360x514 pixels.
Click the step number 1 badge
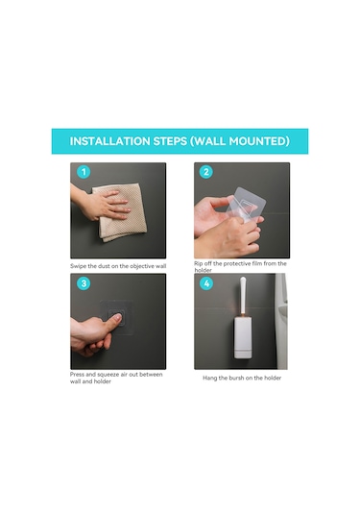point(84,172)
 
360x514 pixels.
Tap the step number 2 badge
point(206,172)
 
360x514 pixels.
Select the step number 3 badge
point(84,283)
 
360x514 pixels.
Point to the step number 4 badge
point(206,283)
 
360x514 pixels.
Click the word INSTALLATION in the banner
point(109,141)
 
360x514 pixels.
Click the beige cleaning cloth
point(120,212)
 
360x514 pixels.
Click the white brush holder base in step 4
point(243,336)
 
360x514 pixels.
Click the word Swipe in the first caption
point(78,266)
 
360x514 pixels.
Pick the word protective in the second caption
point(237,263)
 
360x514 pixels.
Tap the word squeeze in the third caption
point(108,375)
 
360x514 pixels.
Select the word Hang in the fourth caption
point(209,378)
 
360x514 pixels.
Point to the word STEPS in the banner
point(170,141)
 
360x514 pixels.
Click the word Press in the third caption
point(77,375)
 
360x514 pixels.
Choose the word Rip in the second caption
point(198,263)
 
